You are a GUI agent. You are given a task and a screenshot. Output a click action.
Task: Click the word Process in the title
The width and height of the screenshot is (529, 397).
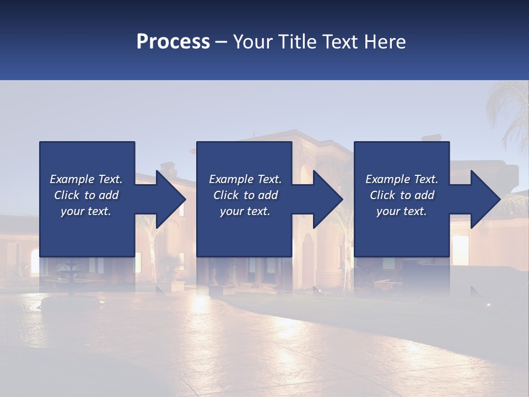click(x=173, y=42)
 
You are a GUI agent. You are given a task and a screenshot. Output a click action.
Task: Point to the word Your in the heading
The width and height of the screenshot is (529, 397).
click(x=253, y=42)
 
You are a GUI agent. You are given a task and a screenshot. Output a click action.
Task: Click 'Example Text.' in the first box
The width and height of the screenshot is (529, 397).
click(x=86, y=179)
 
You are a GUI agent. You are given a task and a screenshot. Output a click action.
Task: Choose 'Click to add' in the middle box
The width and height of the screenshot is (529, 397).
click(x=245, y=195)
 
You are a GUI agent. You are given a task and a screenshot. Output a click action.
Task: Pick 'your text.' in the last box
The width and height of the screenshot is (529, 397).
click(x=401, y=211)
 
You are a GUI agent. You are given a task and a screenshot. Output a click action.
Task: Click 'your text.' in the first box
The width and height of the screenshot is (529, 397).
click(x=86, y=211)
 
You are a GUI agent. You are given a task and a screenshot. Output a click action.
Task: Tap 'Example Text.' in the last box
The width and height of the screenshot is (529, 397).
click(x=401, y=179)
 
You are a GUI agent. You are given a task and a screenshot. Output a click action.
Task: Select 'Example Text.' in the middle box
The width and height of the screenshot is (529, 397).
click(x=245, y=179)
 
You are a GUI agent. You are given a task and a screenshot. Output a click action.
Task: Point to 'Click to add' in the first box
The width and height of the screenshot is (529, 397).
click(x=86, y=195)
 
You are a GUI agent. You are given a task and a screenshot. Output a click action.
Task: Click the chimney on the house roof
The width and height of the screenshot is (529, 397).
click(x=168, y=168)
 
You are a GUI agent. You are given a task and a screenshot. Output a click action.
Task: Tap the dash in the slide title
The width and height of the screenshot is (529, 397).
click(x=221, y=42)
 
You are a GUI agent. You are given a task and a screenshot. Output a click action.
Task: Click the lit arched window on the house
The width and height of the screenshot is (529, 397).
click(x=35, y=262)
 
